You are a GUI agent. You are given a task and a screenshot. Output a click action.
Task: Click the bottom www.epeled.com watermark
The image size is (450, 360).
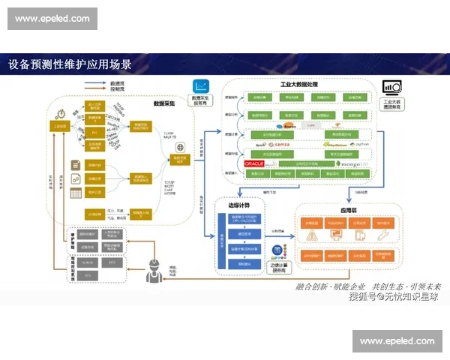(x=397, y=341)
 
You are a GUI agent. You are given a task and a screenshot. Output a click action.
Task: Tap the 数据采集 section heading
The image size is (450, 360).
(x=165, y=103)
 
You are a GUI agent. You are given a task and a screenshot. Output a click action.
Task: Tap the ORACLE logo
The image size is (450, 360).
(x=253, y=163)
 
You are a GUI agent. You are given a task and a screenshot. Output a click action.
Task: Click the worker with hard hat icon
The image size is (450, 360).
(x=153, y=268)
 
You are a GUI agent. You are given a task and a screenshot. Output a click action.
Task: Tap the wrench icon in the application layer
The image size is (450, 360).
(x=383, y=237)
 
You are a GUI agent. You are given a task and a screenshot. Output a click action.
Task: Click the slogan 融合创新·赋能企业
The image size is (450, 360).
(x=331, y=286)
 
